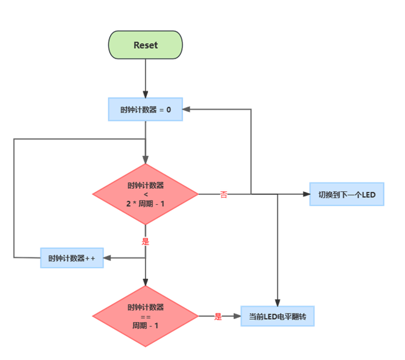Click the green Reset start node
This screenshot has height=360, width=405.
(x=146, y=45)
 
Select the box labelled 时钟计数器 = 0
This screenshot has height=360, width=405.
(x=146, y=109)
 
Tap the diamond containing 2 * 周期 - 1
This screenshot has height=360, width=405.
(x=146, y=194)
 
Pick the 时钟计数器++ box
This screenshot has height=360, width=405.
(x=72, y=258)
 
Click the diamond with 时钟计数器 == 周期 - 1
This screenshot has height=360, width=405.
(x=146, y=317)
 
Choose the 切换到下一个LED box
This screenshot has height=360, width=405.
(x=347, y=194)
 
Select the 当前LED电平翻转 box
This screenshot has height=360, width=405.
(x=277, y=317)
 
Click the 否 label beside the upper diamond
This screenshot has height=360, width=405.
(x=224, y=194)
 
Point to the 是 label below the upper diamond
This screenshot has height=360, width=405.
(x=146, y=241)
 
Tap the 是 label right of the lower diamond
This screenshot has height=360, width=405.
(x=218, y=317)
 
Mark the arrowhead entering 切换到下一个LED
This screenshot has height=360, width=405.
(x=306, y=194)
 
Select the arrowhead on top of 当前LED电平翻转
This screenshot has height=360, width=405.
(x=277, y=302)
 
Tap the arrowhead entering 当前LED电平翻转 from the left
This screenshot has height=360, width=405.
(x=236, y=317)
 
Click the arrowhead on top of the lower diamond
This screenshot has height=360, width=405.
(x=146, y=282)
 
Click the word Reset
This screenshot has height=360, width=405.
(x=146, y=45)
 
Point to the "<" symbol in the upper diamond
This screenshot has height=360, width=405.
(x=146, y=194)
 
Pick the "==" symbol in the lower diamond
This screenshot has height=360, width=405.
(x=146, y=317)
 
